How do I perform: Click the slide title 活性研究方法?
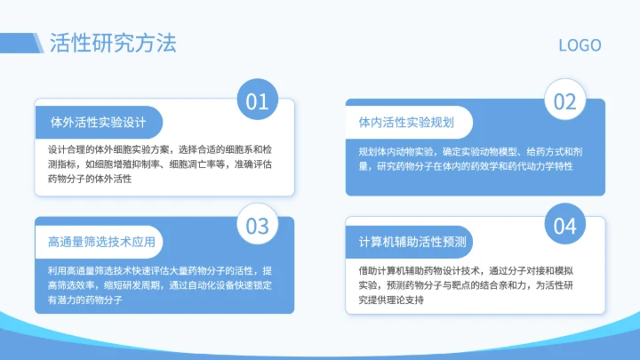coord(113,43)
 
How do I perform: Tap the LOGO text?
coord(580,45)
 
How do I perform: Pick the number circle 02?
coord(565,101)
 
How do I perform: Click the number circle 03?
coord(257,226)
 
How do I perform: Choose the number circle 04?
coord(565,226)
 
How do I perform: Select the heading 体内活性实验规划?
coord(407,121)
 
